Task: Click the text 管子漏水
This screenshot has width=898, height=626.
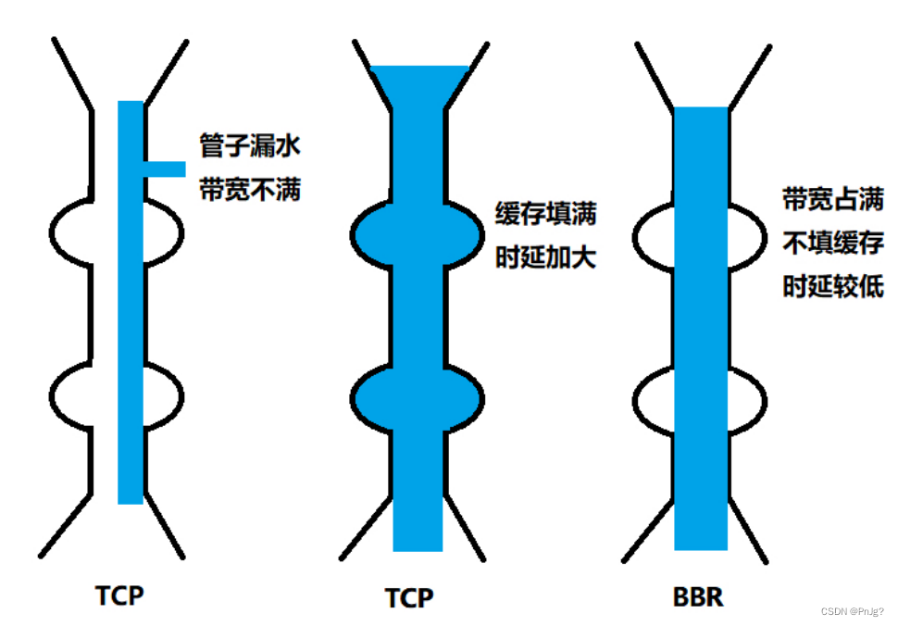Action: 250,145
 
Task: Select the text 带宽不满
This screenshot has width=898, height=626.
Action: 250,191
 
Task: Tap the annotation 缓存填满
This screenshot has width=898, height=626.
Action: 546,214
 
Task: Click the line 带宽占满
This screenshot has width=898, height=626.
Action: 833,198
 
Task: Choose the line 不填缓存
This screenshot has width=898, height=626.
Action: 833,243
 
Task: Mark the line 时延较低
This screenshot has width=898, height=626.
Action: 833,287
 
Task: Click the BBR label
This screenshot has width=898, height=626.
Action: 698,597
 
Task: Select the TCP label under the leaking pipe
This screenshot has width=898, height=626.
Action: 119,595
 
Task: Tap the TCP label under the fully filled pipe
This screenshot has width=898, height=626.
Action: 408,598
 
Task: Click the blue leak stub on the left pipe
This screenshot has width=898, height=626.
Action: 165,169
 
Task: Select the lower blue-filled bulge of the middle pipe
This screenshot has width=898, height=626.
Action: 417,396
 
